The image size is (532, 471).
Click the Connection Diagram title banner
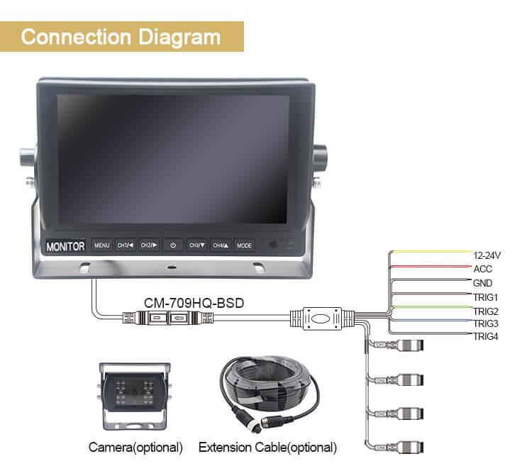click(x=121, y=36)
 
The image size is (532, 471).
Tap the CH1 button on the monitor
click(x=126, y=245)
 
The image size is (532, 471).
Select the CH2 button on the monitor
click(x=148, y=245)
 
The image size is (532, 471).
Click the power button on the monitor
click(x=172, y=245)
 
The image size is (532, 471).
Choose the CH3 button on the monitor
click(x=197, y=245)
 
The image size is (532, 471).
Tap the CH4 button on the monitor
click(x=221, y=245)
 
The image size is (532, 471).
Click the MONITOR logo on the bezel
click(x=65, y=246)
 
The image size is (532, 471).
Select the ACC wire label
click(x=482, y=269)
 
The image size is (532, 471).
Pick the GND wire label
click(x=482, y=283)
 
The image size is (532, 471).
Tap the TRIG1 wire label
click(x=485, y=297)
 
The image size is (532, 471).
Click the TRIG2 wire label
click(x=485, y=311)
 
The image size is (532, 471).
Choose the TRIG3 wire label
click(x=485, y=323)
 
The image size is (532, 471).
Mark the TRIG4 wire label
click(x=485, y=336)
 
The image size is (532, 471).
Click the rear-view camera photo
click(x=135, y=397)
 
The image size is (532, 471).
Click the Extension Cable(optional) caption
click(x=267, y=448)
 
